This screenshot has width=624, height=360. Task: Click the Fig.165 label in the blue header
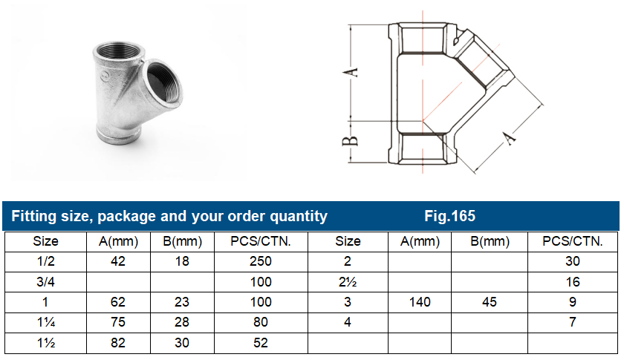[x=449, y=216]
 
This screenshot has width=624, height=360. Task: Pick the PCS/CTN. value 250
[x=260, y=261]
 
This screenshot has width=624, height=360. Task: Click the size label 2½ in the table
[x=348, y=282]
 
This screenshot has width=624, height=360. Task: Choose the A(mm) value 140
[x=416, y=302]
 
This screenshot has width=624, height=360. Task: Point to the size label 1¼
[x=46, y=322]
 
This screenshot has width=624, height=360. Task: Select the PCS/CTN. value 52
[x=260, y=343]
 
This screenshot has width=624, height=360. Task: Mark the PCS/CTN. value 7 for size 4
[x=572, y=322]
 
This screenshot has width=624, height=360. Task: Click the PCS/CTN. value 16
[x=572, y=282]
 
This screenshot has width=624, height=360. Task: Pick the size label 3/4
[x=46, y=282]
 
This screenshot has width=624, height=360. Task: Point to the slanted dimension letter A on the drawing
[x=511, y=138]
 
